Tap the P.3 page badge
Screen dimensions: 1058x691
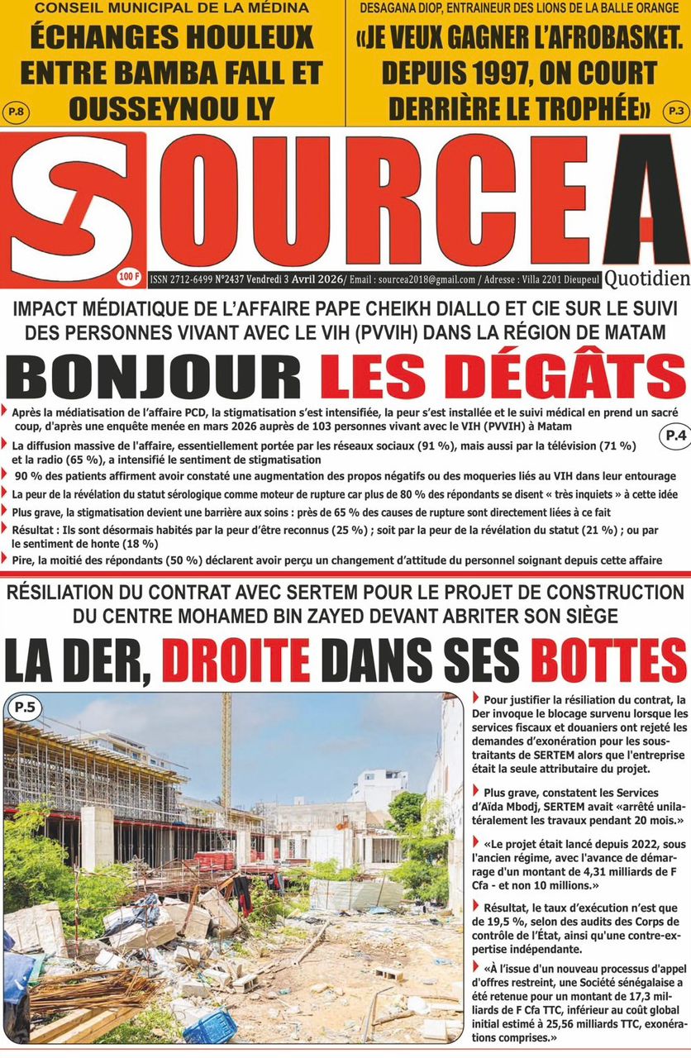(x=676, y=109)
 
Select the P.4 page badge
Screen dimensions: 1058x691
(x=675, y=437)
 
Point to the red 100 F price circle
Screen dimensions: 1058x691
(x=129, y=275)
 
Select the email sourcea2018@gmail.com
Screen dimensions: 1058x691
(x=427, y=279)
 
